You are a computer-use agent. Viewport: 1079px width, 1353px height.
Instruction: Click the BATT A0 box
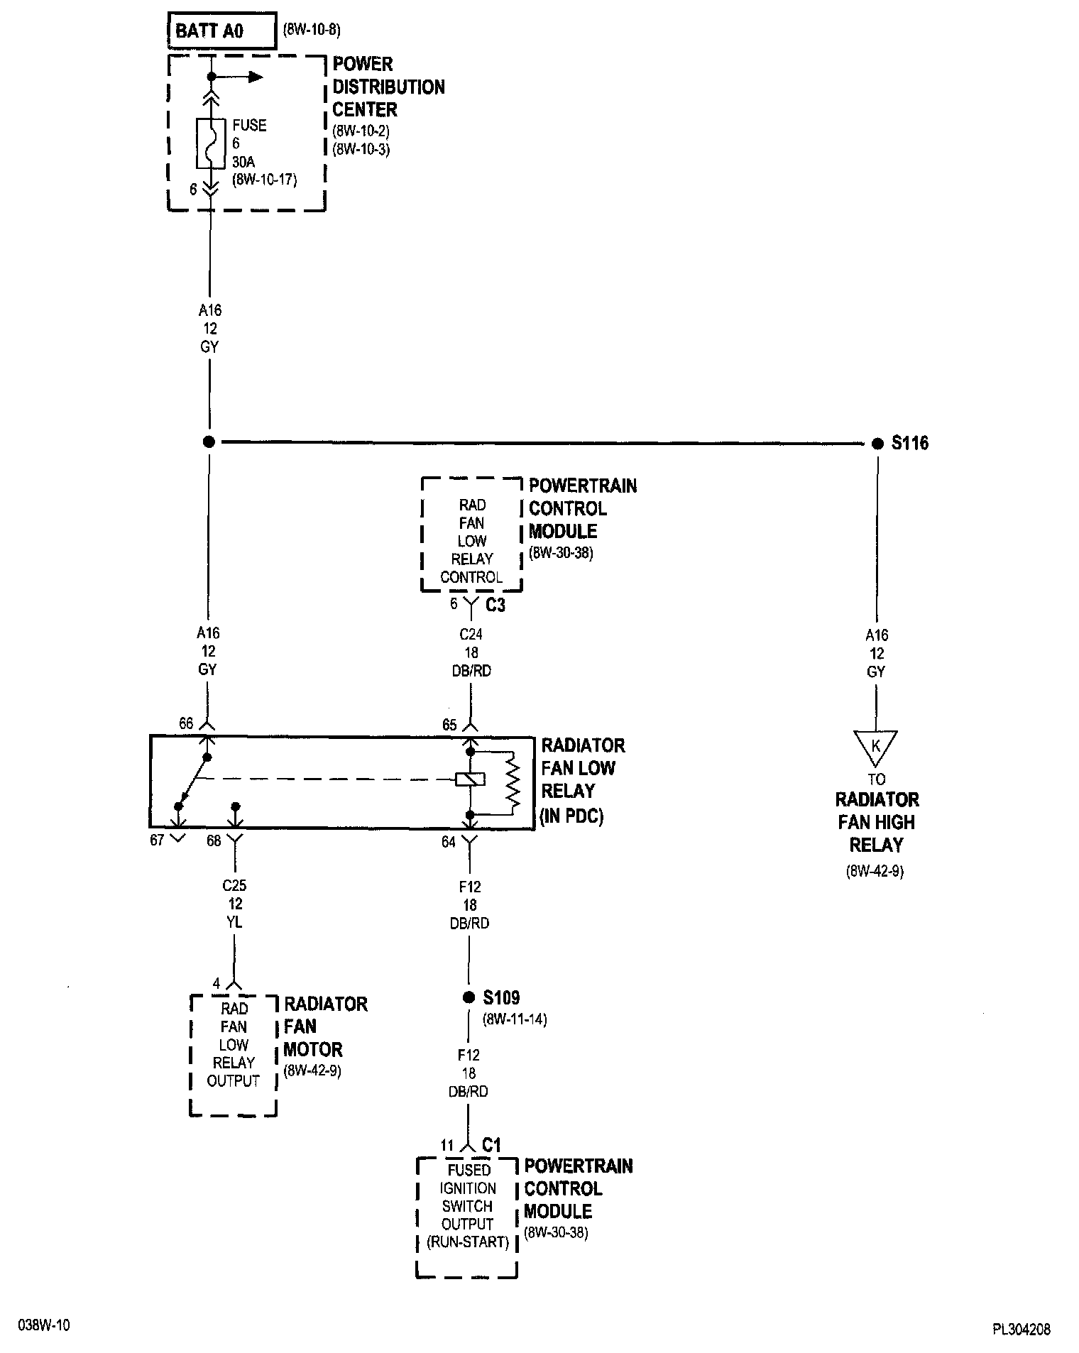221,31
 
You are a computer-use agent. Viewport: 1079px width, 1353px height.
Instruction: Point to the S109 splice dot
469,997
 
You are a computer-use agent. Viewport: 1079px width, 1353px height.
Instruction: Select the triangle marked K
876,747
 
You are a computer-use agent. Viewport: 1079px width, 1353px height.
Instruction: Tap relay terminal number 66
186,724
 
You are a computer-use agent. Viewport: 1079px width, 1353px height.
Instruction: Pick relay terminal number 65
449,725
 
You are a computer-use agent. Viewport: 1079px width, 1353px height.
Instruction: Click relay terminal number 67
157,840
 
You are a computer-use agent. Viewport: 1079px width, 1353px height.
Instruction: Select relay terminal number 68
214,840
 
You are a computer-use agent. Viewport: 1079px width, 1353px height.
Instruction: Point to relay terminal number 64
449,842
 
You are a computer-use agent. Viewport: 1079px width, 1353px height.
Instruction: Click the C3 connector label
495,606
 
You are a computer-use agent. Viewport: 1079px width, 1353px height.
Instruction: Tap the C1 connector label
492,1145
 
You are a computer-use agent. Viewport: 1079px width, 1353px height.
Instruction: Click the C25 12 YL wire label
234,904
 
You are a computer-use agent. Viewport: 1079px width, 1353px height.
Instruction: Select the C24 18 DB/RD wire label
471,652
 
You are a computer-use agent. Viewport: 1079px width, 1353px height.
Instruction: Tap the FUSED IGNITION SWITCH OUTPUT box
467,1217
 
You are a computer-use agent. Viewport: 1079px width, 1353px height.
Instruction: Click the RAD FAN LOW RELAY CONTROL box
471,534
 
